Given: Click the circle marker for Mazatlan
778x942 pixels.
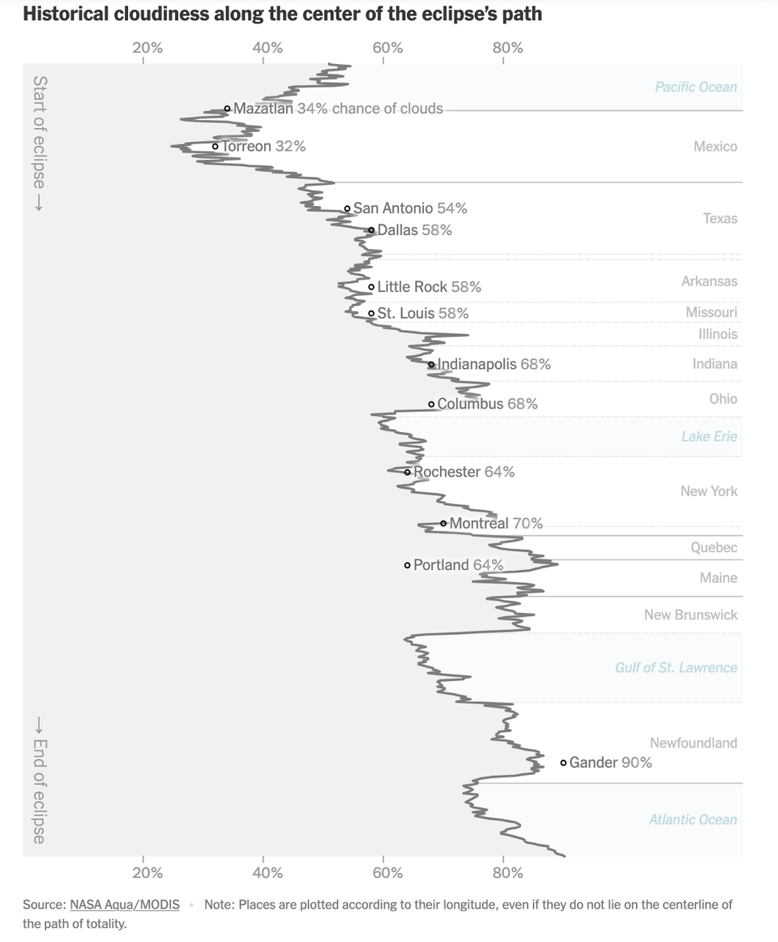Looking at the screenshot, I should [x=228, y=109].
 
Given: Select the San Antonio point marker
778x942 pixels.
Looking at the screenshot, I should [x=347, y=208].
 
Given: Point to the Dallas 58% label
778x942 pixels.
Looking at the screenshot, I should [x=414, y=230].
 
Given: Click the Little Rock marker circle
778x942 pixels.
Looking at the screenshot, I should [x=371, y=286].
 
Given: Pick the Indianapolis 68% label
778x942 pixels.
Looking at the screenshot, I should [x=494, y=365].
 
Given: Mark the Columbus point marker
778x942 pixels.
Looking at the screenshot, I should [x=431, y=404].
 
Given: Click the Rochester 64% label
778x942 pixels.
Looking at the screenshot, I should [x=464, y=472].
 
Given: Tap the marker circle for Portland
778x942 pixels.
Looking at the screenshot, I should [x=407, y=565].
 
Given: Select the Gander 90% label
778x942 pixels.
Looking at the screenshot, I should [x=610, y=763].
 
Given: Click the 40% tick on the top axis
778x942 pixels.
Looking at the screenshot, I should [x=267, y=48].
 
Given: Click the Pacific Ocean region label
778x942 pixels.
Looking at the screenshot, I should [x=695, y=87].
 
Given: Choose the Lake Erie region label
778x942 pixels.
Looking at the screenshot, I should [x=708, y=436].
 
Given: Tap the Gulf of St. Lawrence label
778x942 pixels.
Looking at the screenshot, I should [x=675, y=667].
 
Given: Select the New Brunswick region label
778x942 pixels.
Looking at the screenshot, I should [x=690, y=614].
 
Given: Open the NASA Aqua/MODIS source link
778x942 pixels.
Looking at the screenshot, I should [x=125, y=904].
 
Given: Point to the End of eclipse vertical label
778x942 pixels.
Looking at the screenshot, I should [x=39, y=780].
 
